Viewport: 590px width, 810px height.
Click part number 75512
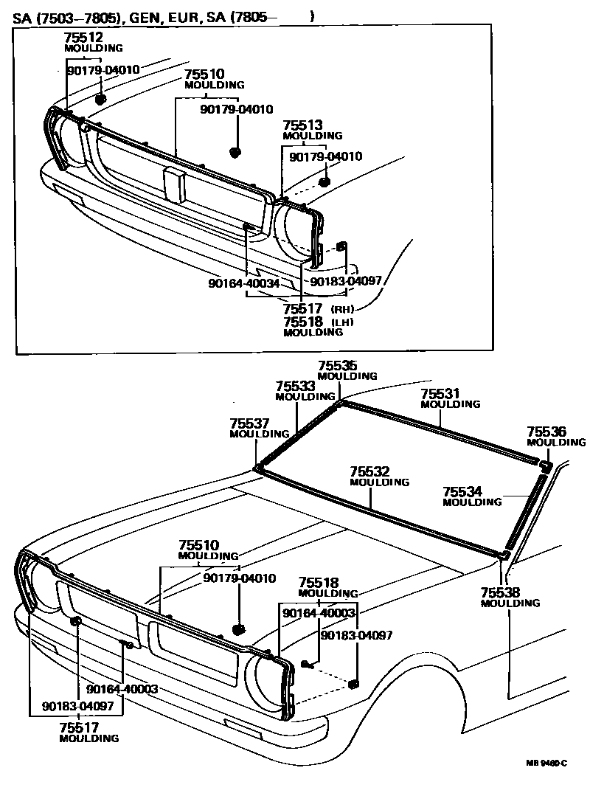83,38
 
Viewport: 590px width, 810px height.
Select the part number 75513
302,125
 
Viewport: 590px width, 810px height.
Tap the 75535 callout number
337,365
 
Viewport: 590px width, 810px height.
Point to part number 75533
295,386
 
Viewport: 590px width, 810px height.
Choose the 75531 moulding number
440,394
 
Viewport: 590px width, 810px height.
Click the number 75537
249,423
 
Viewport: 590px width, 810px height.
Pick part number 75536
546,432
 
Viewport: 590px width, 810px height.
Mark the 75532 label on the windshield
369,471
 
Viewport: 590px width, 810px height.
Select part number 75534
462,491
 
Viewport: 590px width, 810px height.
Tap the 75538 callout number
500,592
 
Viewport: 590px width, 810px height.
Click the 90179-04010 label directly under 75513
325,156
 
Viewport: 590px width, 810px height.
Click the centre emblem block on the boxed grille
174,184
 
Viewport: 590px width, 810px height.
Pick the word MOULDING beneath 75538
510,603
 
